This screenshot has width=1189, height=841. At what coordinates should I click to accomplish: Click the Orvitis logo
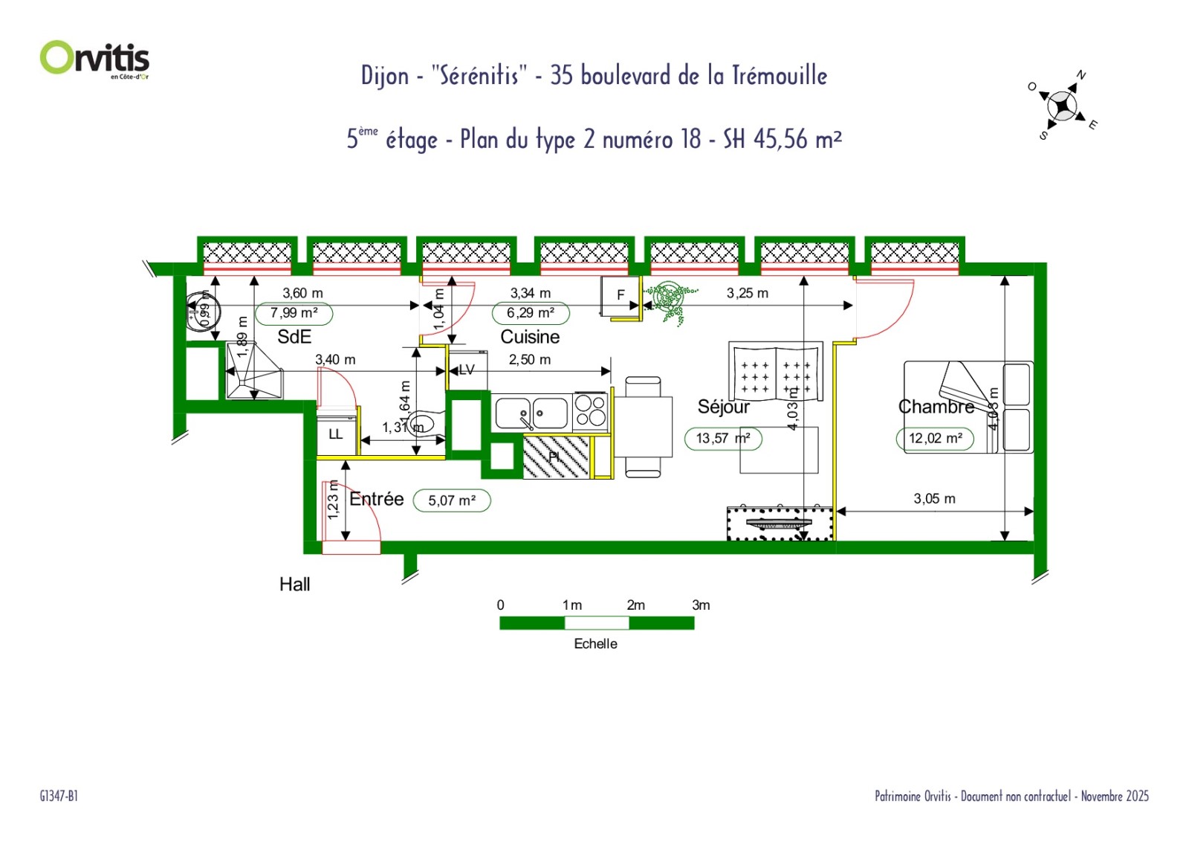[94, 58]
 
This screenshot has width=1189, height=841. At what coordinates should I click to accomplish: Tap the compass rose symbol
[1063, 106]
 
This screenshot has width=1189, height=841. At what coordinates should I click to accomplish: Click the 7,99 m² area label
[294, 313]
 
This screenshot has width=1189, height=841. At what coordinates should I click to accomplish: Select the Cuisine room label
[530, 337]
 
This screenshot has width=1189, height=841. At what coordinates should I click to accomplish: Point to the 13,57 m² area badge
[723, 438]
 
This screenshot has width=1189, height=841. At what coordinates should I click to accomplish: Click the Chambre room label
[936, 407]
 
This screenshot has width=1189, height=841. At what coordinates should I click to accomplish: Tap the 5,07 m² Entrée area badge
[452, 500]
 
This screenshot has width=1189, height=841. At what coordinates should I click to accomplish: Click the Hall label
[294, 584]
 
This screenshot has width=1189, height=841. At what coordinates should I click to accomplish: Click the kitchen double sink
[531, 413]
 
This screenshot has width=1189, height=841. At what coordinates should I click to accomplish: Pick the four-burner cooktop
[591, 410]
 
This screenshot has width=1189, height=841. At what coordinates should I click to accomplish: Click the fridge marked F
[621, 295]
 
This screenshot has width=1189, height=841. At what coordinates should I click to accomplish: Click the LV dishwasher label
[467, 370]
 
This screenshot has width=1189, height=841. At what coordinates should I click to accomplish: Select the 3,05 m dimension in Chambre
[934, 499]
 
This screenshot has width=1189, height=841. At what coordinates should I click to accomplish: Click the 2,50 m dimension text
[530, 360]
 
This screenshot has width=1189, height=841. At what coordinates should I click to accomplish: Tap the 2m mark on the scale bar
[635, 605]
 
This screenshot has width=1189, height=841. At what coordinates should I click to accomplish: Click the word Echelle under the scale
[595, 644]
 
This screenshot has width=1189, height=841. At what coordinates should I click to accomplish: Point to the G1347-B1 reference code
[59, 796]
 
